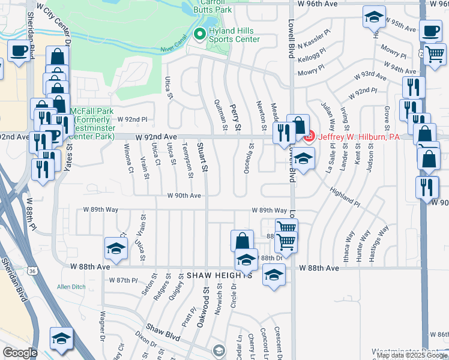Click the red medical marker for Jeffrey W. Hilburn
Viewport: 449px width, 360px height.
pos(309,137)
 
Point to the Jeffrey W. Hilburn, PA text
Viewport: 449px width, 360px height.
pos(358,137)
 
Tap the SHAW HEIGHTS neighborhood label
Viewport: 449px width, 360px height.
pos(218,275)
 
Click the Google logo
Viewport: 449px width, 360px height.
pos(20,353)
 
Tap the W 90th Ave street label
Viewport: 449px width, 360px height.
pos(184,196)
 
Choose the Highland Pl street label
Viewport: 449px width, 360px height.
pos(344,196)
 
